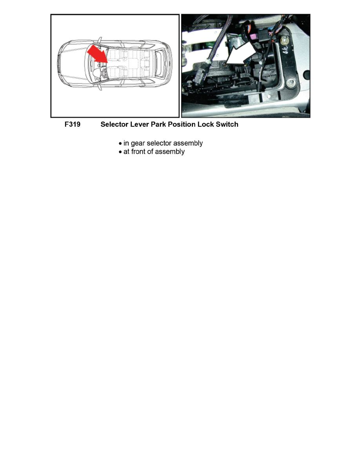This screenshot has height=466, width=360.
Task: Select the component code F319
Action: [x=73, y=125]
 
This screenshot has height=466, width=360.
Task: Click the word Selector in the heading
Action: [x=115, y=125]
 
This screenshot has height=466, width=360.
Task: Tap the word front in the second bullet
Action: [x=140, y=152]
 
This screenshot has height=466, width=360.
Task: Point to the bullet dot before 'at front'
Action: [x=120, y=152]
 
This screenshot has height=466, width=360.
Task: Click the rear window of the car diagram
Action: [x=161, y=63]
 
